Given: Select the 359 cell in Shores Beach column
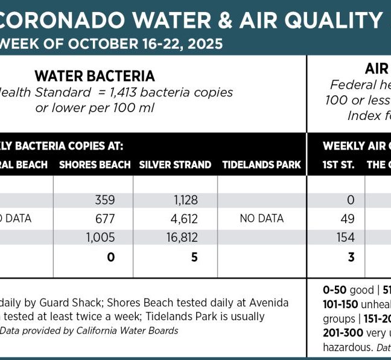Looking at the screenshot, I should tap(105, 200).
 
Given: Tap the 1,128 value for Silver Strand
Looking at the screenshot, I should tap(183, 200).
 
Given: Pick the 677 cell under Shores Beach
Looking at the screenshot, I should tap(105, 218).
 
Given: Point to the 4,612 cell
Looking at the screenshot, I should tap(183, 218).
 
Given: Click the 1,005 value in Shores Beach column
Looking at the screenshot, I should tap(100, 238).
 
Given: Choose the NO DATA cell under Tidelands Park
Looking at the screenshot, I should tap(261, 218).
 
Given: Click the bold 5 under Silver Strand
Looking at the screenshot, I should tap(194, 257).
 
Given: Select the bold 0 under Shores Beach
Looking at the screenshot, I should tap(111, 257).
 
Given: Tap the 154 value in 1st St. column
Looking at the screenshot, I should tap(346, 238).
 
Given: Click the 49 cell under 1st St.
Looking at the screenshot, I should tap(348, 218).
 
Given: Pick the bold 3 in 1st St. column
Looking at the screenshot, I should tap(351, 257).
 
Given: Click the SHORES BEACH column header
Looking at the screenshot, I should tap(95, 165).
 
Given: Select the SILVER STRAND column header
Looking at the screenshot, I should tap(175, 165).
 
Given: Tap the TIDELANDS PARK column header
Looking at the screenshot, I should tap(261, 165).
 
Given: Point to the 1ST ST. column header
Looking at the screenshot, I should tap(339, 165).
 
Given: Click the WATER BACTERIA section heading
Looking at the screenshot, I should tap(95, 76).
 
